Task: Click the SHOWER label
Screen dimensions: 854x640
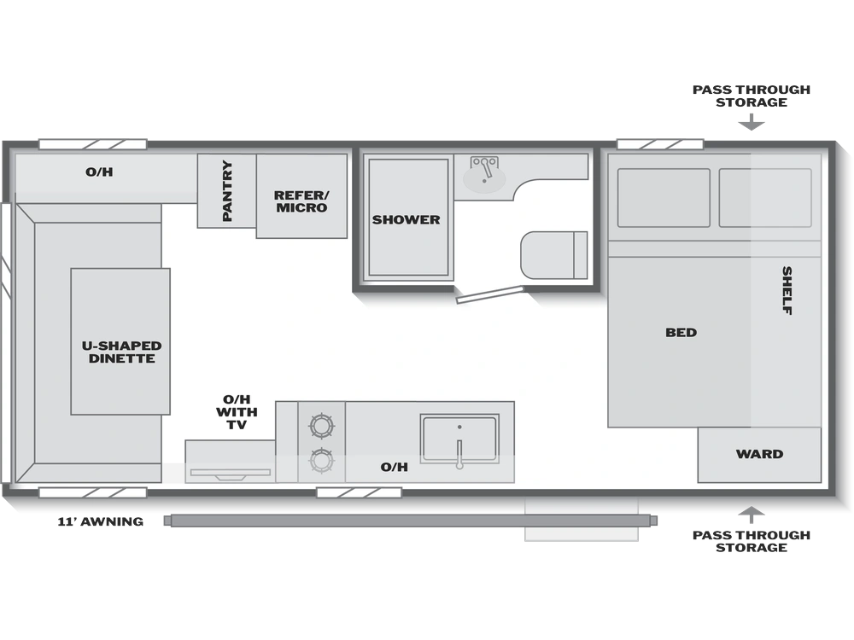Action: tap(406, 220)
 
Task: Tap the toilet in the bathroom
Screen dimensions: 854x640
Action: tap(553, 255)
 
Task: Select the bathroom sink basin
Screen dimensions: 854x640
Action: tap(483, 179)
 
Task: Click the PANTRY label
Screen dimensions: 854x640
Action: tap(227, 190)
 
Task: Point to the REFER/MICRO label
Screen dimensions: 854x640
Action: tap(301, 201)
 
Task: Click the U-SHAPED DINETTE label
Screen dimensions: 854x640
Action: tap(121, 352)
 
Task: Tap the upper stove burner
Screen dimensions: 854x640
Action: tap(321, 426)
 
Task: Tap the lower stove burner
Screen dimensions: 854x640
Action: tap(321, 461)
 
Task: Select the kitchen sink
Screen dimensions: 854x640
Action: tap(459, 439)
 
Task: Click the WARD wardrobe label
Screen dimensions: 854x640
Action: tap(759, 454)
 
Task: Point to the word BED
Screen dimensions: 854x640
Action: tap(681, 333)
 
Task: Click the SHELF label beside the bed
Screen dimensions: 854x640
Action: tap(787, 290)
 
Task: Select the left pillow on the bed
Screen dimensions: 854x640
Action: tap(664, 198)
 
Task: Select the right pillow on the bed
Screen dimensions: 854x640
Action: tap(765, 198)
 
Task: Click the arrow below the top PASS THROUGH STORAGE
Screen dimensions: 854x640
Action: tap(751, 122)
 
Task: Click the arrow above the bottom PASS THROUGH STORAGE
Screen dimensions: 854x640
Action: tap(751, 515)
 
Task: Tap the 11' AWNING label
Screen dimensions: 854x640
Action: tap(101, 521)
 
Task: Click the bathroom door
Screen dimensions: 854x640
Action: tap(489, 294)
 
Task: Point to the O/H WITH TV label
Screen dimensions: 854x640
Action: tap(237, 412)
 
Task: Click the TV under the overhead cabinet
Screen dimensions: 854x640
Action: tap(231, 474)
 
